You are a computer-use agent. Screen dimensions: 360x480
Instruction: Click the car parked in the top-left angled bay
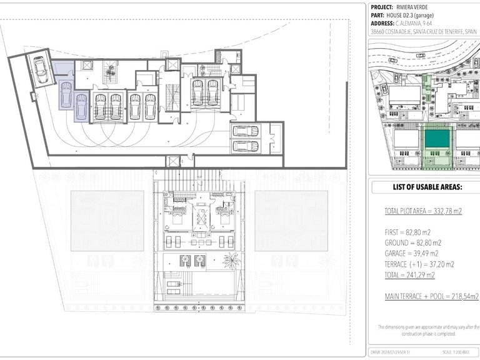[x=42, y=69]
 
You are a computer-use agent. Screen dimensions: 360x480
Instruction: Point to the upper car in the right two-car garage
[x=245, y=131]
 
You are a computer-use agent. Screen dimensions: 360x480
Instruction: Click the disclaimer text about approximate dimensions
[x=429, y=330]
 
